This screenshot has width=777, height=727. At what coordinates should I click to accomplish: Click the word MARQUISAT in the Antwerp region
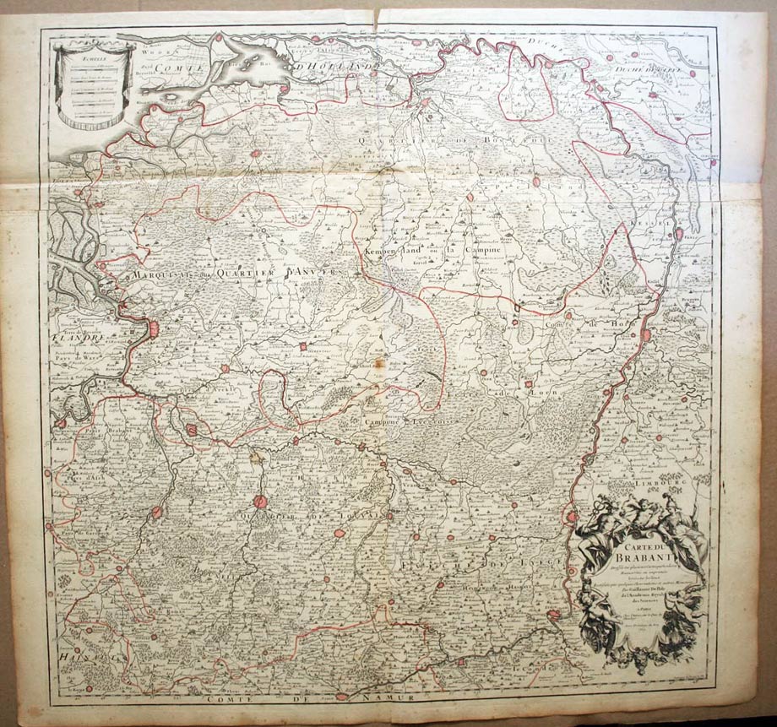[157, 275]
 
